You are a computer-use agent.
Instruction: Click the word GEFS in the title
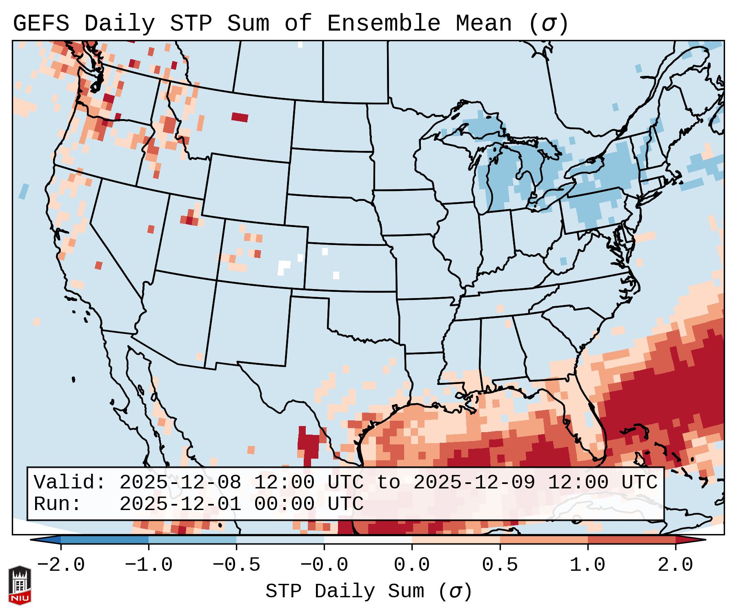pyautogui.click(x=41, y=24)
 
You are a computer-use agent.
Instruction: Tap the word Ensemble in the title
pyautogui.click(x=383, y=24)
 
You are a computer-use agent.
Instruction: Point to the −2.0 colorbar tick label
pyautogui.click(x=61, y=565)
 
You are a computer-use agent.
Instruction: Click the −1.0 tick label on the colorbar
pyautogui.click(x=149, y=565)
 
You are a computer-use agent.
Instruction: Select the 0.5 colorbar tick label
pyautogui.click(x=500, y=565)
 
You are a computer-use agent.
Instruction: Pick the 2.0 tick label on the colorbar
pyautogui.click(x=675, y=565)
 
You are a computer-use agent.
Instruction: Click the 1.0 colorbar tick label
pyautogui.click(x=587, y=565)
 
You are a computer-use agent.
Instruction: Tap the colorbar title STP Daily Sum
pyautogui.click(x=345, y=591)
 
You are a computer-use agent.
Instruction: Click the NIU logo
pyautogui.click(x=20, y=585)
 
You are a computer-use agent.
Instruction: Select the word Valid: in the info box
pyautogui.click(x=70, y=482)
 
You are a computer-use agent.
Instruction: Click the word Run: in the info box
pyautogui.click(x=58, y=504)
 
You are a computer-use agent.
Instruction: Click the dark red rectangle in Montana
pyautogui.click(x=240, y=117)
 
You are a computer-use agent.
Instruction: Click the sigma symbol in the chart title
pyautogui.click(x=548, y=24)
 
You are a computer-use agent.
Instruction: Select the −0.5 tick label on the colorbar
pyautogui.click(x=236, y=565)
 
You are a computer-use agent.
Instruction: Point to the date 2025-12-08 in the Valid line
pyautogui.click(x=180, y=482)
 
